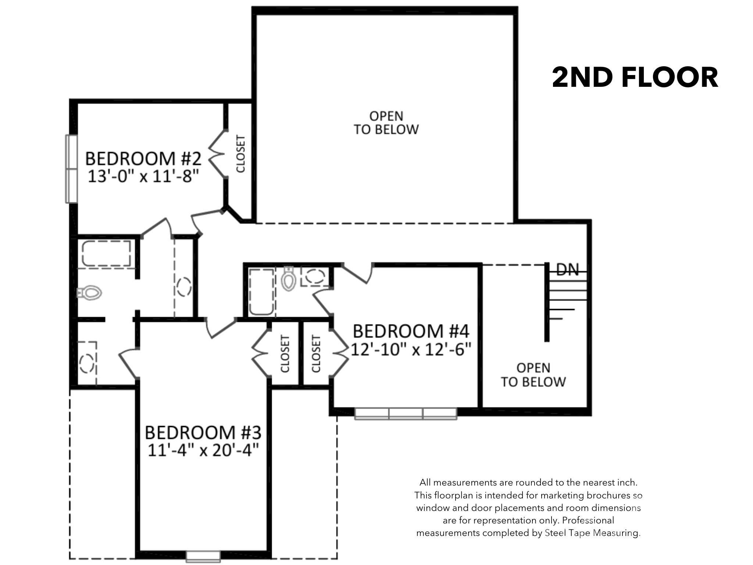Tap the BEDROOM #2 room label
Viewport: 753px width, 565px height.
click(x=143, y=159)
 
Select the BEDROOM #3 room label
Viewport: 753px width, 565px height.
click(x=203, y=433)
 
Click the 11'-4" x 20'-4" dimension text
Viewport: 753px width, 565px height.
click(x=203, y=450)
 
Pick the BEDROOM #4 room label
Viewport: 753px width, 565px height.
click(x=411, y=331)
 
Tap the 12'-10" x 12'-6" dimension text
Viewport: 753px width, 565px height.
click(x=411, y=349)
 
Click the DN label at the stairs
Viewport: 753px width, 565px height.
click(x=568, y=270)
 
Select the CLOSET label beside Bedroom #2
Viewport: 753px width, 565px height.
click(x=240, y=154)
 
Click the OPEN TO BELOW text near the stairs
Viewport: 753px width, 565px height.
click(x=533, y=375)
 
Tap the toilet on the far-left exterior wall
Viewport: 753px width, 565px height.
click(x=89, y=293)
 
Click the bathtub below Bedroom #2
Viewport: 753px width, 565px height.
click(x=106, y=253)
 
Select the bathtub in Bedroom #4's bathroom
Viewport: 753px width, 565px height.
click(x=261, y=292)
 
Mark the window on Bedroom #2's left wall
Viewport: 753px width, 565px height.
click(x=71, y=169)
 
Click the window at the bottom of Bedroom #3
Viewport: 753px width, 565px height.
click(x=203, y=556)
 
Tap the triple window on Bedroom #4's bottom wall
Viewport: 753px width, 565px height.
click(x=406, y=413)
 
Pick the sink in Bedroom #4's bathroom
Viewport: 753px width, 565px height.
click(x=315, y=276)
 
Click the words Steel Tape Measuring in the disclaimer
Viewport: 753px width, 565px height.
click(x=592, y=533)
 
